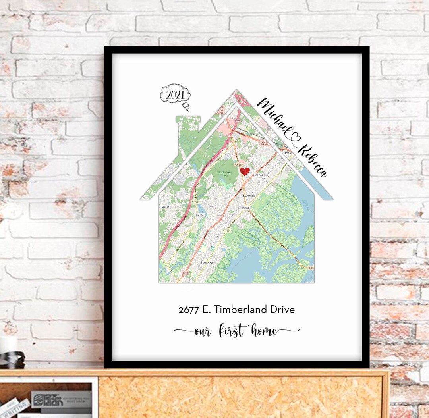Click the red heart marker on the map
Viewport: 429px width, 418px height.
(245, 171)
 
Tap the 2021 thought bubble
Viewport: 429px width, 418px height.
(175, 96)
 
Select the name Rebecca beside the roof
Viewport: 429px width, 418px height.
(313, 161)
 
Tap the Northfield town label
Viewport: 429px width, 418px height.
(249, 196)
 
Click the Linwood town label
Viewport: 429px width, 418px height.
(207, 263)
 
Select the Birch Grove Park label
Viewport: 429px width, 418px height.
(226, 173)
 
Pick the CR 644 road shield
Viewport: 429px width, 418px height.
(259, 175)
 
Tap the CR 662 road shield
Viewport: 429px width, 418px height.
(245, 208)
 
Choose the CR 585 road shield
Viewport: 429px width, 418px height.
(227, 231)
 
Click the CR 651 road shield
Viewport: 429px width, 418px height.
(195, 202)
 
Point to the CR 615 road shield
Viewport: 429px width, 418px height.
(165, 207)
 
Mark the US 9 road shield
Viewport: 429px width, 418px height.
(186, 273)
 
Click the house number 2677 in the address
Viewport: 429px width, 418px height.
(189, 310)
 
